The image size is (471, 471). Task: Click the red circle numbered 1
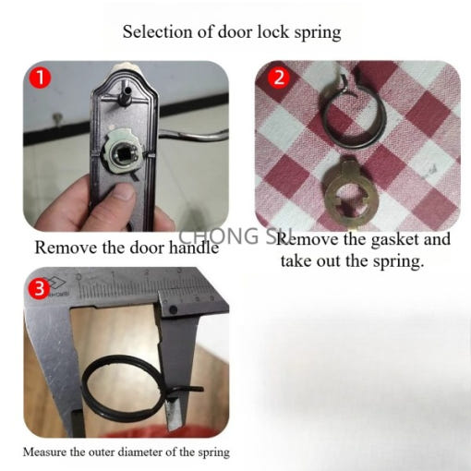(x=40, y=78)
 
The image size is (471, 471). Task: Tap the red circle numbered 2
(x=279, y=78)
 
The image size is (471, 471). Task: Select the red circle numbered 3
(x=39, y=288)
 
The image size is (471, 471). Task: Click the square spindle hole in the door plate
(x=125, y=153)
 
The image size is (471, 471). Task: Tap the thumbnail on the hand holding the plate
(x=124, y=190)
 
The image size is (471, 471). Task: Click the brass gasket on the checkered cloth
(x=351, y=192)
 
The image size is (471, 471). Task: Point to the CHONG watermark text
(x=219, y=235)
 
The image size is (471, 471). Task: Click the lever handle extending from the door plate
(x=194, y=136)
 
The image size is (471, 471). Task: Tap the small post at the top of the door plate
(x=127, y=93)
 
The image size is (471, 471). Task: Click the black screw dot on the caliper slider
(x=174, y=309)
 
